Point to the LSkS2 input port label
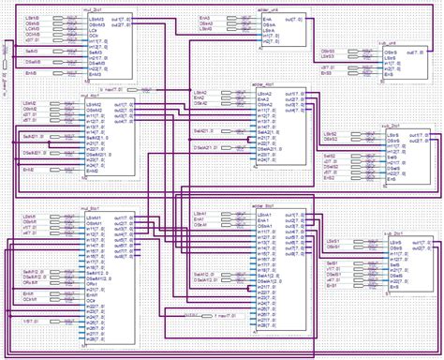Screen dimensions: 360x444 click(329, 134)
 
